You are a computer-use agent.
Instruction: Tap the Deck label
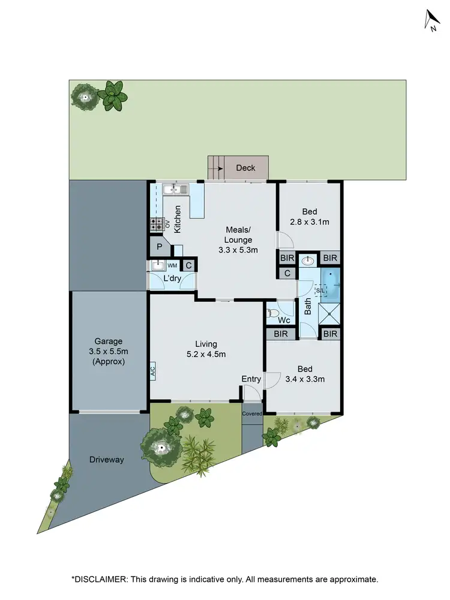(x=245, y=168)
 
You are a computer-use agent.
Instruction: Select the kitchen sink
(x=175, y=190)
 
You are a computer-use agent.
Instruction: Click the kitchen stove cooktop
(x=156, y=224)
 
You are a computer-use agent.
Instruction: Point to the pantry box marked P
(x=160, y=247)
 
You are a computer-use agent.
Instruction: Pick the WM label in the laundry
(x=172, y=265)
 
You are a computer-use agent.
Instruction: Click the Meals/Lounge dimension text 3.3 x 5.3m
(x=238, y=250)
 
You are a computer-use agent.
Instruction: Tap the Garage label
(x=108, y=341)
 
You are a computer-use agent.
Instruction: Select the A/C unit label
(x=152, y=370)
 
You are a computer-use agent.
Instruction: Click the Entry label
(x=251, y=379)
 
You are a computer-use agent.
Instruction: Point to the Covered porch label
(x=252, y=413)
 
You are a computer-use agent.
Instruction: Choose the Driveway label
(x=107, y=460)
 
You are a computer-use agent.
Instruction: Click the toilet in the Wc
(x=273, y=312)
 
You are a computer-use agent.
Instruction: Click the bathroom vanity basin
(x=308, y=260)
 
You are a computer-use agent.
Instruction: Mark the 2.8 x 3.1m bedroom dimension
(x=309, y=221)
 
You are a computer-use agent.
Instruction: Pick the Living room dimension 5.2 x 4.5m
(x=205, y=354)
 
